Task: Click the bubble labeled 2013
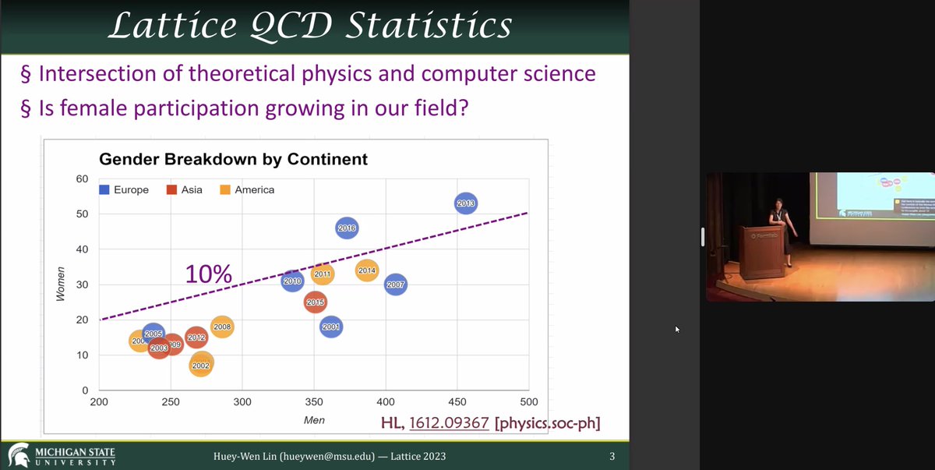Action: pos(465,203)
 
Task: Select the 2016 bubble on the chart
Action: pos(347,228)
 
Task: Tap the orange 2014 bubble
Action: pos(367,270)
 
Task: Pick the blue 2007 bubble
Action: pos(395,285)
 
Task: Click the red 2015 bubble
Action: pos(316,302)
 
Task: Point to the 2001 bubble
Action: pos(330,327)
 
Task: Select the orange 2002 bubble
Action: pos(201,364)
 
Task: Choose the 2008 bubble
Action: pos(222,327)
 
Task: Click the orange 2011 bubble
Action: pos(323,274)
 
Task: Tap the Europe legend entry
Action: pos(124,189)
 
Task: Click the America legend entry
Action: pos(247,189)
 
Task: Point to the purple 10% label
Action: pos(208,274)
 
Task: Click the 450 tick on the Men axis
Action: pos(457,402)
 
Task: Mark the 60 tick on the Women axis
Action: pos(82,178)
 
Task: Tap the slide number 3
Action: pos(612,456)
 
